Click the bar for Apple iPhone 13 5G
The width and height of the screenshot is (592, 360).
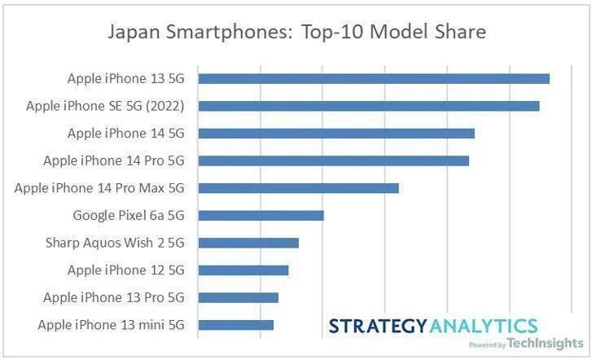tap(373, 79)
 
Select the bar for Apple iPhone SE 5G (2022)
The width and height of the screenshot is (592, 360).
tap(368, 106)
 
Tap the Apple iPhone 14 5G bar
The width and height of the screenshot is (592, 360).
tap(335, 134)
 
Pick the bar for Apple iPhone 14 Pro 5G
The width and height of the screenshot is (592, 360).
tap(333, 160)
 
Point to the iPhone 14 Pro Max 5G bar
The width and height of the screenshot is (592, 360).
tap(298, 188)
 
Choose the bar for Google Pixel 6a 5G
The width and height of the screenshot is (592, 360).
tap(261, 216)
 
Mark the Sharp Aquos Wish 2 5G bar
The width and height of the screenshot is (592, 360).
tap(248, 243)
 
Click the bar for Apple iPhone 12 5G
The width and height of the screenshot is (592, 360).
tap(243, 270)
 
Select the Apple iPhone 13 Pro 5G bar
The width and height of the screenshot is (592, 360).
tap(238, 297)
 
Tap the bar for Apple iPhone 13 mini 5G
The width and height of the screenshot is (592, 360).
tap(235, 325)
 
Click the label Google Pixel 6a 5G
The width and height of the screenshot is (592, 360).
tap(129, 216)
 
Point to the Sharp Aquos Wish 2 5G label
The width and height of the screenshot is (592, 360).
tap(115, 243)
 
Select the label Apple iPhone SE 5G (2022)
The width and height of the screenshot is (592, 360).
tap(105, 106)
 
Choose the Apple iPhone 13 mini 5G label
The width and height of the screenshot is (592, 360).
tap(111, 325)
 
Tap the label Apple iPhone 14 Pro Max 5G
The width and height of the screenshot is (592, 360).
tap(99, 188)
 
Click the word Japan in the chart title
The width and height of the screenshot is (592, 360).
tap(134, 33)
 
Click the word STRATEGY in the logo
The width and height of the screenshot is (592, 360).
tap(377, 326)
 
